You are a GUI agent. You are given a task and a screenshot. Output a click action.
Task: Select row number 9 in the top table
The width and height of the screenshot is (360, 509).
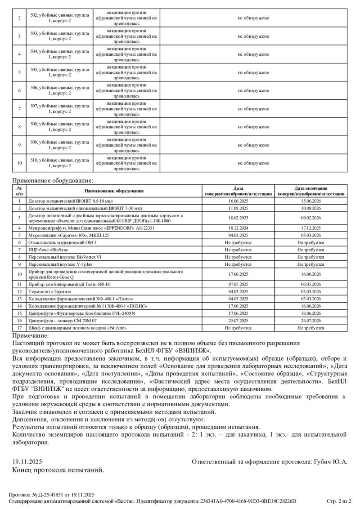point(19,145)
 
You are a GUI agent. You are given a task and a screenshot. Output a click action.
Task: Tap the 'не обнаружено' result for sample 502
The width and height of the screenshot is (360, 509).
point(253,18)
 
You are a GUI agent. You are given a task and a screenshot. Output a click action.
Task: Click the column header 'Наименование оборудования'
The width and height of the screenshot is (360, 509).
point(113,191)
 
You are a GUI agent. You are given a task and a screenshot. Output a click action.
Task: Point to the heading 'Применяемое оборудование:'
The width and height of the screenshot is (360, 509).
point(53,181)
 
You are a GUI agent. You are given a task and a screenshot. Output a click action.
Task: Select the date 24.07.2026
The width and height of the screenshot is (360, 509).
point(311,321)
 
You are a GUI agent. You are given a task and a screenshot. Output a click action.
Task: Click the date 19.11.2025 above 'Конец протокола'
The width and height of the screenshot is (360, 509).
point(27,462)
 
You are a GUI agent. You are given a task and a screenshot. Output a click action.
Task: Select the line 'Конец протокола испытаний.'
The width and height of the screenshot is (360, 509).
point(58,470)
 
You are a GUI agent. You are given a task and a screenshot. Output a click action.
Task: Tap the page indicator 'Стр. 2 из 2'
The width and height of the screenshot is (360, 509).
point(338,501)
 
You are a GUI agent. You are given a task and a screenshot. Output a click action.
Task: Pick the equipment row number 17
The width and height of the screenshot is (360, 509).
point(19,328)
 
